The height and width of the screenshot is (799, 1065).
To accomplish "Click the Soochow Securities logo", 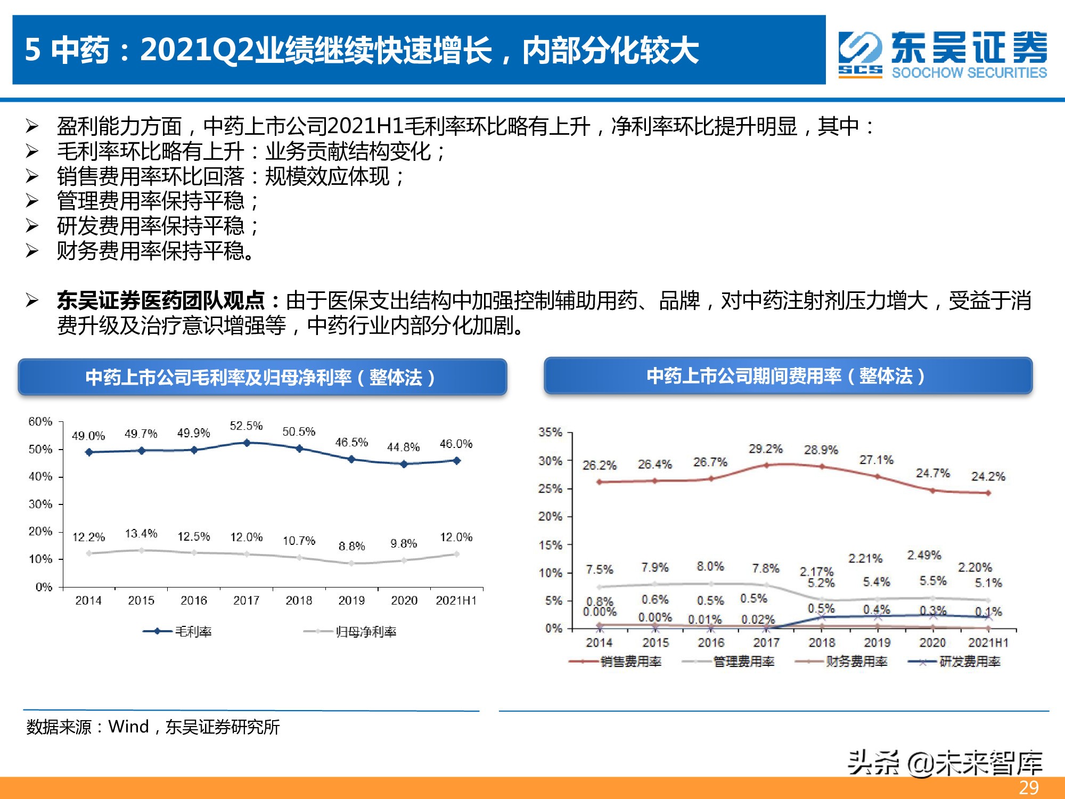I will coord(943,54).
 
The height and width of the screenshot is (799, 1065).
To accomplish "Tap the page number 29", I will coord(1029,787).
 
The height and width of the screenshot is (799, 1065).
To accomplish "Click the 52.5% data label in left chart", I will coord(246,426).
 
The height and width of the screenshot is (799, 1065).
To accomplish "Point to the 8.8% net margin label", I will coord(351,546).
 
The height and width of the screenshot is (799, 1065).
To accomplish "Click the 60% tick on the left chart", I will coord(40,422).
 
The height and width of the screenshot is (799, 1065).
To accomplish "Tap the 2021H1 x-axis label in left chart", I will coord(456,601).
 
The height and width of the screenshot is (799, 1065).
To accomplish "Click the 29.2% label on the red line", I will coord(765,449).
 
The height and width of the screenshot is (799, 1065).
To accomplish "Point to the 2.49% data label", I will coord(924,555).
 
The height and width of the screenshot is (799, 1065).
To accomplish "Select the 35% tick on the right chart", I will coord(550,432).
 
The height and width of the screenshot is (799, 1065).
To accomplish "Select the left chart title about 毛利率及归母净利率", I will coord(261,378).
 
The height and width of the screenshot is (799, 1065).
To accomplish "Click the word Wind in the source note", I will coord(128,727).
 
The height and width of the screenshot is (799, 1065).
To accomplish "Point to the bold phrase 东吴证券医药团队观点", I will coord(161,301).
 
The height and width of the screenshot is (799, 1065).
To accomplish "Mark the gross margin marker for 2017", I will coord(247,443).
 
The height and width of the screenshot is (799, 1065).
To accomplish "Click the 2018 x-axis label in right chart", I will coord(822,643).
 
